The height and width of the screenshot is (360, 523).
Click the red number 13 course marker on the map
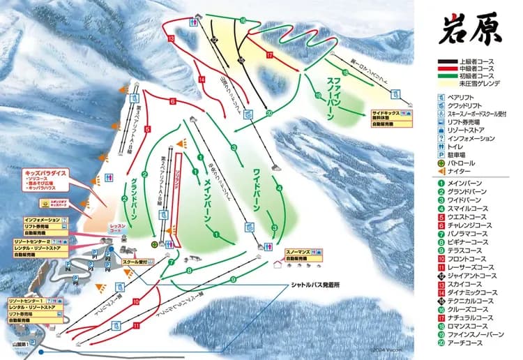(171, 39)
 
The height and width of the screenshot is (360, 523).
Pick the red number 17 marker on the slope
(268, 54)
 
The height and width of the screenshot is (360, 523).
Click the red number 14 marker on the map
(201, 80)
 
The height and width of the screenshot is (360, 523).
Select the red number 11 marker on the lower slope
(137, 325)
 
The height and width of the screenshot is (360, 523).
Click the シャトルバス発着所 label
(316, 286)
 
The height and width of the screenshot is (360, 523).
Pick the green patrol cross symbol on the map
(156, 243)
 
